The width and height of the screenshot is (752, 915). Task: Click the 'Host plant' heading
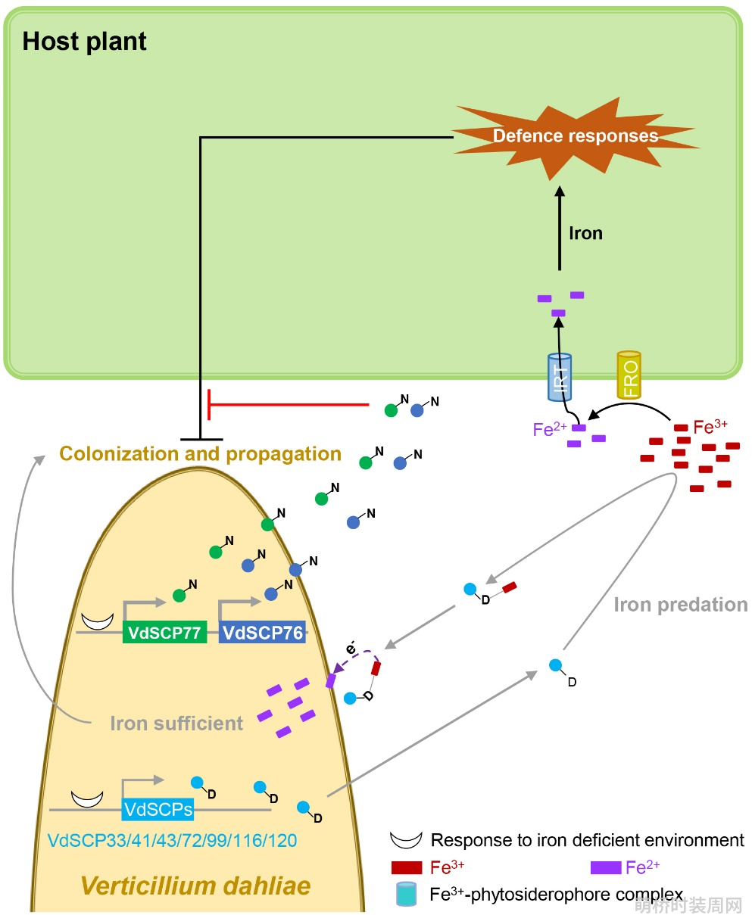(84, 42)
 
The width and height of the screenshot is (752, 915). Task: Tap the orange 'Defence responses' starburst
(575, 137)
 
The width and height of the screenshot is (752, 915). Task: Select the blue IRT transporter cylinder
(559, 377)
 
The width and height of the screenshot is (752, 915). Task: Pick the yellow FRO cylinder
(629, 375)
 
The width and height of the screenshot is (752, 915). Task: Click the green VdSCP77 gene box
(164, 633)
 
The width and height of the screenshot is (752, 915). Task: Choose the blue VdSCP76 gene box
(262, 633)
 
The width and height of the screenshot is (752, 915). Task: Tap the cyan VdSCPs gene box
(158, 810)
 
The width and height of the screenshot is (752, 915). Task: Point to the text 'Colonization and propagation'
(200, 454)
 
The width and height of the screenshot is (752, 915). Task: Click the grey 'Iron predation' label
(680, 605)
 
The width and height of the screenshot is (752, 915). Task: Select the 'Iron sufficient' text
(176, 724)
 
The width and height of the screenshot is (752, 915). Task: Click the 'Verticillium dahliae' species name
(196, 885)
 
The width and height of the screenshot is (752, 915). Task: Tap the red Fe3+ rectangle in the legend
(407, 867)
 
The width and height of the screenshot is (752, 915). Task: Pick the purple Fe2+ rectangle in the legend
(606, 867)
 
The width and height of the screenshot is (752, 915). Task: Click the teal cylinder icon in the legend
(407, 894)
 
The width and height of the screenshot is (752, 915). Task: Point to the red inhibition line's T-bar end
(209, 404)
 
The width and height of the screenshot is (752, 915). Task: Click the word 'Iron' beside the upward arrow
(585, 233)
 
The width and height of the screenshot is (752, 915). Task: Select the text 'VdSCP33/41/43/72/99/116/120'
(172, 841)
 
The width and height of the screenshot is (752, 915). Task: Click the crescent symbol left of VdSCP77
(98, 621)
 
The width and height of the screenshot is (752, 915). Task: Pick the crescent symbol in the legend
(406, 840)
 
